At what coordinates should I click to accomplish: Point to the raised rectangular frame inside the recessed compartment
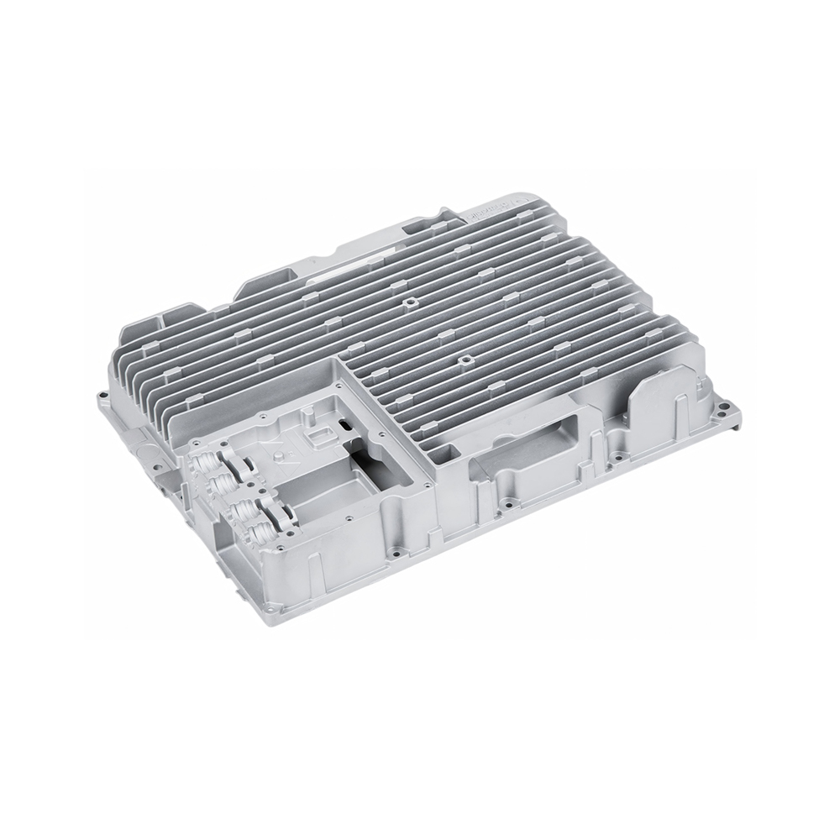click(x=319, y=435)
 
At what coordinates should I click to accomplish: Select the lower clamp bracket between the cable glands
click(x=278, y=513)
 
